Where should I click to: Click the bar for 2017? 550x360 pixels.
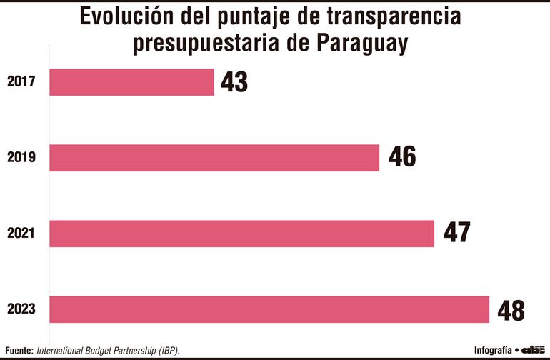[x=132, y=82]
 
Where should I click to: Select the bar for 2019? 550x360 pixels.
[x=214, y=158]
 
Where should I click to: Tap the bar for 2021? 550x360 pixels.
[x=242, y=234]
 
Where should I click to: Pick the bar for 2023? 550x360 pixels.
[x=269, y=309]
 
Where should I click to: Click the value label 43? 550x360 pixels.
[x=234, y=82]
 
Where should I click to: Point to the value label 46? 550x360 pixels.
[x=402, y=157]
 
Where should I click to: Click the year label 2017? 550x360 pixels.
[x=21, y=82]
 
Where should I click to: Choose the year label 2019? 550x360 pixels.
[x=21, y=158]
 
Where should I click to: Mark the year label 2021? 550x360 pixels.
[x=21, y=234]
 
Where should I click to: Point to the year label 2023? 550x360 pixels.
[x=21, y=310]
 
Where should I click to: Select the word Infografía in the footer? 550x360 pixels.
[x=493, y=350]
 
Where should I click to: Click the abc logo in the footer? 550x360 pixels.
[x=534, y=350]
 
